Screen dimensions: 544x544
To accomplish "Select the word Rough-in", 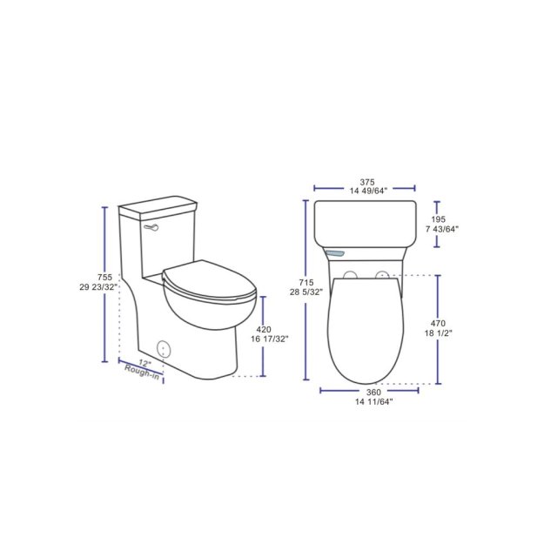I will tap(142, 373).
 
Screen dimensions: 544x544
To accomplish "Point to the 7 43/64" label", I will tap(442, 230).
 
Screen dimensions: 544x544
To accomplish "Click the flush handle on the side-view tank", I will tap(153, 228).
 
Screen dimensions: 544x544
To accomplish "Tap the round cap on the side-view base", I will tap(165, 350).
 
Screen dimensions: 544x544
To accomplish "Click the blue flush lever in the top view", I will tap(337, 252).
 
